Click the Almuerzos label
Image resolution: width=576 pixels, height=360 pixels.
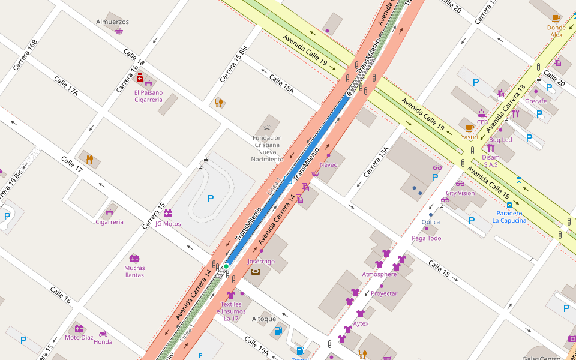point(112,22)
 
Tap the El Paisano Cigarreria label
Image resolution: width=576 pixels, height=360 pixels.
point(148,96)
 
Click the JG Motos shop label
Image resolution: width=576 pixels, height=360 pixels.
point(168,224)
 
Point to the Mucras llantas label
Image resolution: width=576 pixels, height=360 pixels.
point(134,271)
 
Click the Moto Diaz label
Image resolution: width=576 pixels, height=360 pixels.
point(79,337)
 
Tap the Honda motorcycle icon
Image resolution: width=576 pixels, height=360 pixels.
point(103,334)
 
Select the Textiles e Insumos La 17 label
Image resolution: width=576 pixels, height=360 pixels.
point(231,311)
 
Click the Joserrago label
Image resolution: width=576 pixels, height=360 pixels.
point(261,262)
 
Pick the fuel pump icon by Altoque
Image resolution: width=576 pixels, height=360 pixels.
point(278,331)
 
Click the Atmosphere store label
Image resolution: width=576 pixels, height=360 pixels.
point(379,274)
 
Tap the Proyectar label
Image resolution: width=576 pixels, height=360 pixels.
point(384,293)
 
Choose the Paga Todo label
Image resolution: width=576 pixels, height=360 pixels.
point(426,238)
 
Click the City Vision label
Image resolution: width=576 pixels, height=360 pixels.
point(460,193)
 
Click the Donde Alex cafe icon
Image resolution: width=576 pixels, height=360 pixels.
point(556,18)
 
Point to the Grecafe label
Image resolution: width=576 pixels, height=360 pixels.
point(536,101)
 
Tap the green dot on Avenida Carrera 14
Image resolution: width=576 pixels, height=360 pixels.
point(226,266)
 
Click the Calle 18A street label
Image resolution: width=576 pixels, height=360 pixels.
point(281,83)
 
